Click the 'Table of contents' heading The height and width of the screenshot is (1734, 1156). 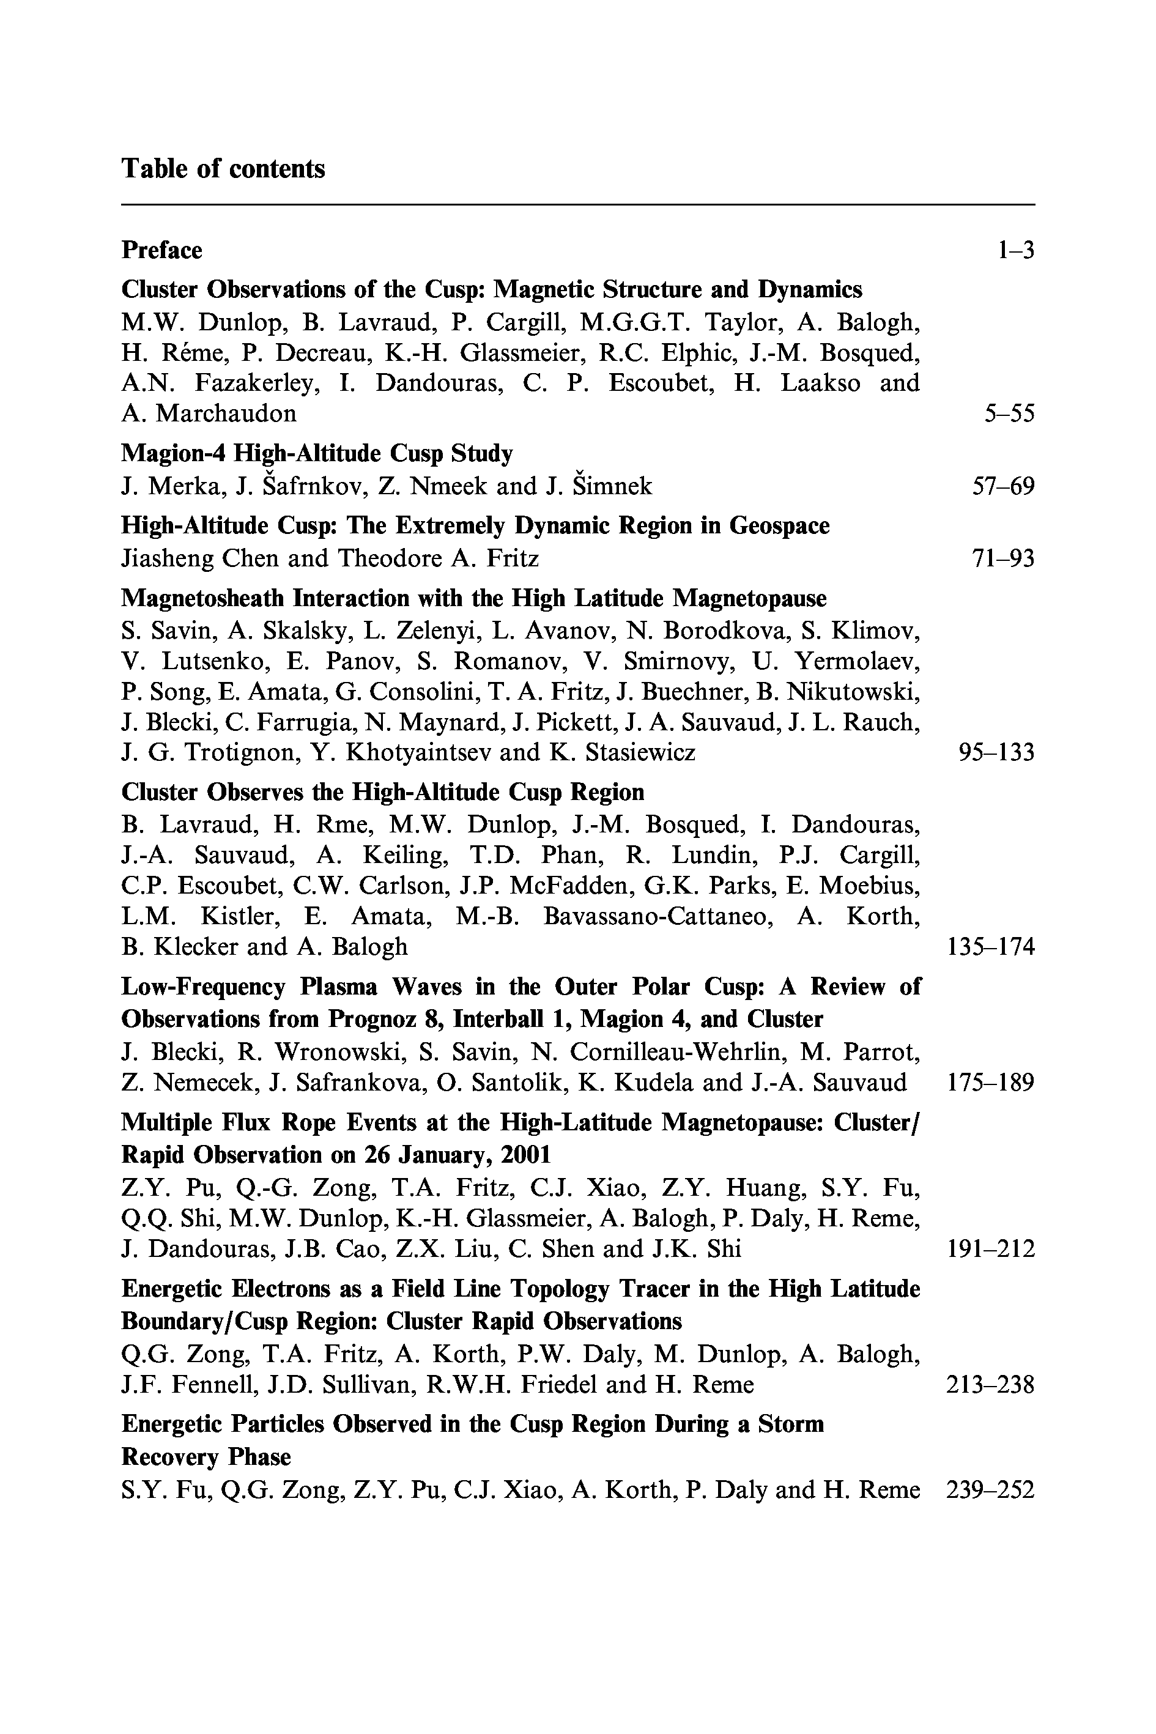(x=223, y=169)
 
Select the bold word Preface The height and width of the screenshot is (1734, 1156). (x=161, y=251)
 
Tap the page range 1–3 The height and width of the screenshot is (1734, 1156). (x=1015, y=251)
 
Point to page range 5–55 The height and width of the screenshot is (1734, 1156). (x=1009, y=413)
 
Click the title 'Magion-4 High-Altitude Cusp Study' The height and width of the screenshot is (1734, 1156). (x=317, y=453)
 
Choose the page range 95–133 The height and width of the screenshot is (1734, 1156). (x=996, y=753)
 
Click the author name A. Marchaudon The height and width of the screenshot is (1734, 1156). (x=209, y=413)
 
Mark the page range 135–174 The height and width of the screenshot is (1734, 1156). (x=990, y=947)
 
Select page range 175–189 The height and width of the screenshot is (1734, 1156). (x=990, y=1083)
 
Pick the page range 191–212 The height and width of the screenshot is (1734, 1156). (x=990, y=1249)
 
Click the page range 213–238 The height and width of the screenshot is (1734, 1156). (x=990, y=1385)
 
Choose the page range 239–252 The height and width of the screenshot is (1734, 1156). (x=990, y=1490)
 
